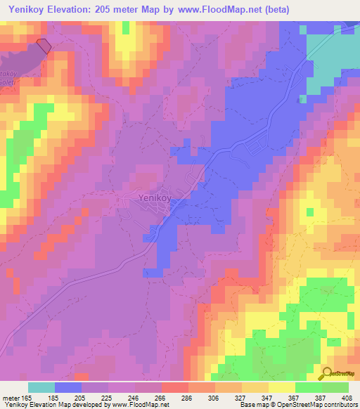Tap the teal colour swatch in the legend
[x=41, y=387]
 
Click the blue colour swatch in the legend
[x=68, y=387]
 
